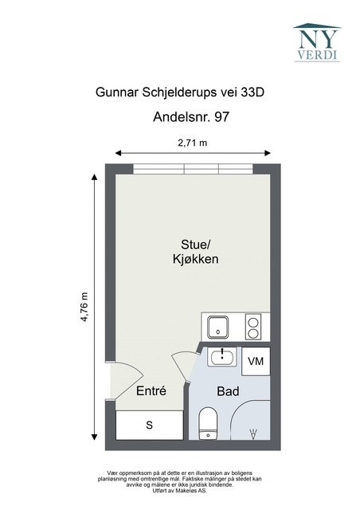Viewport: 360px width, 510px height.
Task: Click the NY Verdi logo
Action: point(316,41)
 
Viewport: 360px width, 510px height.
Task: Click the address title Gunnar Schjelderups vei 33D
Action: point(179,92)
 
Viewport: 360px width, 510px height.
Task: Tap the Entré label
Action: point(151,391)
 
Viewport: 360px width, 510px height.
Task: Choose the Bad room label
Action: point(229,391)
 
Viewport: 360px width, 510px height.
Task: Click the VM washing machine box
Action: point(256,361)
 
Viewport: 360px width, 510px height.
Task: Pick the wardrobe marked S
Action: point(149,426)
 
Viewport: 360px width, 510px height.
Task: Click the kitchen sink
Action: point(217,327)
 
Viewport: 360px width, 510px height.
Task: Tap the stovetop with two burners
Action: point(254,327)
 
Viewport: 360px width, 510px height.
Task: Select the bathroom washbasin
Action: point(222,357)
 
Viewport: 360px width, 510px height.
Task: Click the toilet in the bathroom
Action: point(209,422)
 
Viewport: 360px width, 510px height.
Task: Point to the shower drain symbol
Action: point(253,433)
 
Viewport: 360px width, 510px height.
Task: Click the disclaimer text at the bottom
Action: point(179,481)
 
